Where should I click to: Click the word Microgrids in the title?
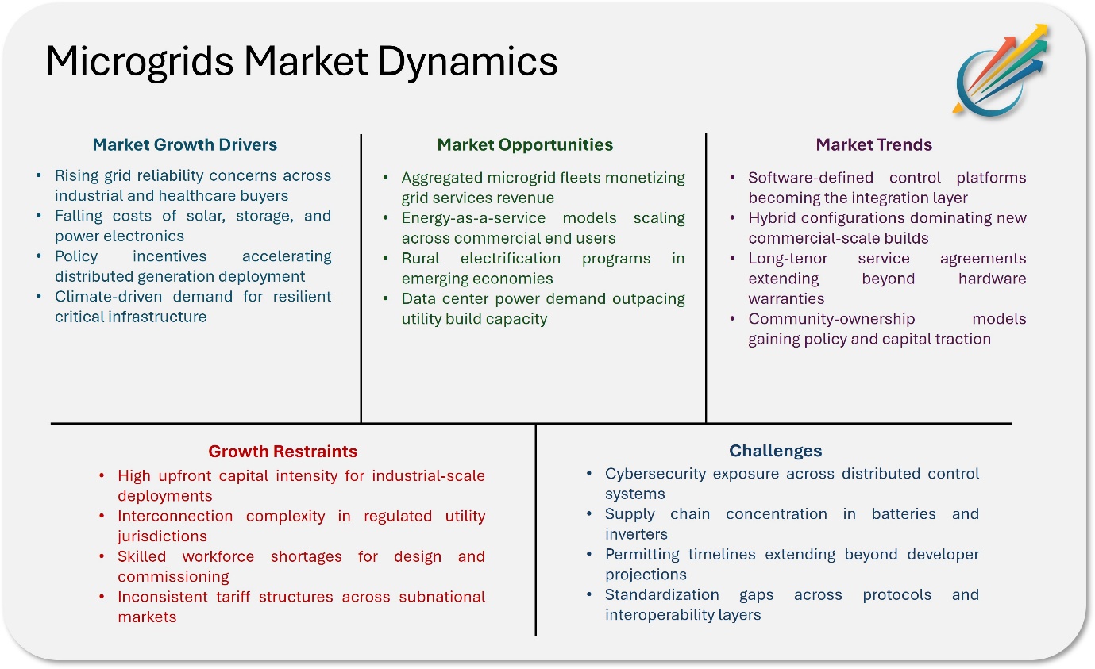(140, 62)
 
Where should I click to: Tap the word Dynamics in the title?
(468, 63)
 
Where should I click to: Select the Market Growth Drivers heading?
(185, 144)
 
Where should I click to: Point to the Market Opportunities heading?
(525, 145)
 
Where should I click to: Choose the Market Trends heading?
(874, 144)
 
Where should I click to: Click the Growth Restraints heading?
(283, 451)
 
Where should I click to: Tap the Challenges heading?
(775, 451)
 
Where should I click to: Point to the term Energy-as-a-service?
(473, 218)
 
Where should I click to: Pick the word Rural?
(420, 258)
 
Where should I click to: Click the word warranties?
(786, 298)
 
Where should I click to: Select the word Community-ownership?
(831, 319)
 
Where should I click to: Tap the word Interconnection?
(175, 516)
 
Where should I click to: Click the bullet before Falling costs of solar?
(39, 216)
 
